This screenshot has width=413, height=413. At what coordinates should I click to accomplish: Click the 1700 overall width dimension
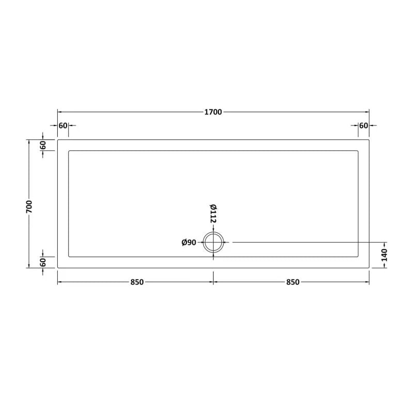point(213,112)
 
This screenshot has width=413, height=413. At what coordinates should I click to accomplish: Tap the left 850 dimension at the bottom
point(136,282)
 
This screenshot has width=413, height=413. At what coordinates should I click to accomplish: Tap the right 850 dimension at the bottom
point(292,282)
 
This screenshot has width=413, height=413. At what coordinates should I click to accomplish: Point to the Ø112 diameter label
point(213,213)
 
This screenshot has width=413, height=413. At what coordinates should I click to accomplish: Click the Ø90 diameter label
point(189,243)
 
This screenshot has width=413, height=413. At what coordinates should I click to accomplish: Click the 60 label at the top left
point(63,125)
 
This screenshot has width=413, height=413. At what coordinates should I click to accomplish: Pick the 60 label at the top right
point(363,125)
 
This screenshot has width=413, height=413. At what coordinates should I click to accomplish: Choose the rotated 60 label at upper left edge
point(43,145)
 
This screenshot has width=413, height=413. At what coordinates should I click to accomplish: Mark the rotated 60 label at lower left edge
point(43,262)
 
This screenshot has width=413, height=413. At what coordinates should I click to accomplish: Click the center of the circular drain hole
point(213,242)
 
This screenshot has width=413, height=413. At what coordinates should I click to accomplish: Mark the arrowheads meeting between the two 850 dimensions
point(213,282)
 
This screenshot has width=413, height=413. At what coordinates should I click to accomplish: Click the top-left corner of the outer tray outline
point(57,139)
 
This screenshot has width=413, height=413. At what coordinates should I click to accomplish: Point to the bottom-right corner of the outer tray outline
point(369,267)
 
